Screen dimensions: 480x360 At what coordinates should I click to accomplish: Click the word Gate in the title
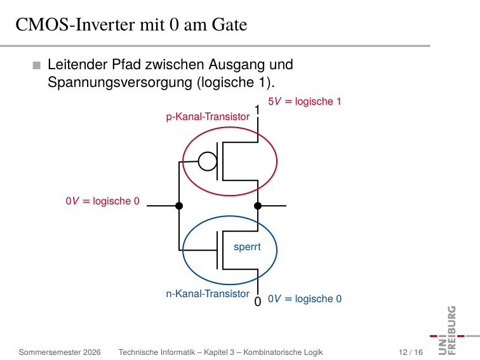[229, 25]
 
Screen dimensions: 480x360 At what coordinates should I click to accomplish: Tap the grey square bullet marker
[36, 65]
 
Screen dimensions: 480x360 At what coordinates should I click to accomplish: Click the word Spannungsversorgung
[120, 83]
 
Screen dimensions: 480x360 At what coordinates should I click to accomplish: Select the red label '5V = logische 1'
[304, 102]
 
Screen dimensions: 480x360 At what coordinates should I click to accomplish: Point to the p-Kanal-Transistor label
[208, 117]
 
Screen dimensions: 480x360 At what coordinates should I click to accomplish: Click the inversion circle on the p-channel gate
[208, 161]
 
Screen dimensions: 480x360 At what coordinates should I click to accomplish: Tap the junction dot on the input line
[179, 206]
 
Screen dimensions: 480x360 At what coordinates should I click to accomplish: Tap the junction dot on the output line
[258, 206]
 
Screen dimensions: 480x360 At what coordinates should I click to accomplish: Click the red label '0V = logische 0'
[103, 201]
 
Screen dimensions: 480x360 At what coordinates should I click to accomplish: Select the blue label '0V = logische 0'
[305, 299]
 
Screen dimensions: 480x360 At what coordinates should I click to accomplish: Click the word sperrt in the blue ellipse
[247, 247]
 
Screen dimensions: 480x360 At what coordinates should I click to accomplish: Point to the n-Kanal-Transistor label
[208, 294]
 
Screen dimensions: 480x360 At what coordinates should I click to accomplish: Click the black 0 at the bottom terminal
[258, 302]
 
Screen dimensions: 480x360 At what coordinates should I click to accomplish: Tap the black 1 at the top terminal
[257, 110]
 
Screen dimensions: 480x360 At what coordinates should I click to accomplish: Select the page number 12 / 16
[411, 352]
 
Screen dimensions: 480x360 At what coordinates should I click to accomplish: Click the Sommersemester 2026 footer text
[60, 352]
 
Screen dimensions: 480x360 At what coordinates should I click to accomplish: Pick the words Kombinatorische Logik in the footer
[283, 352]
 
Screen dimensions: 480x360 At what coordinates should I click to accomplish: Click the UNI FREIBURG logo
[453, 330]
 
